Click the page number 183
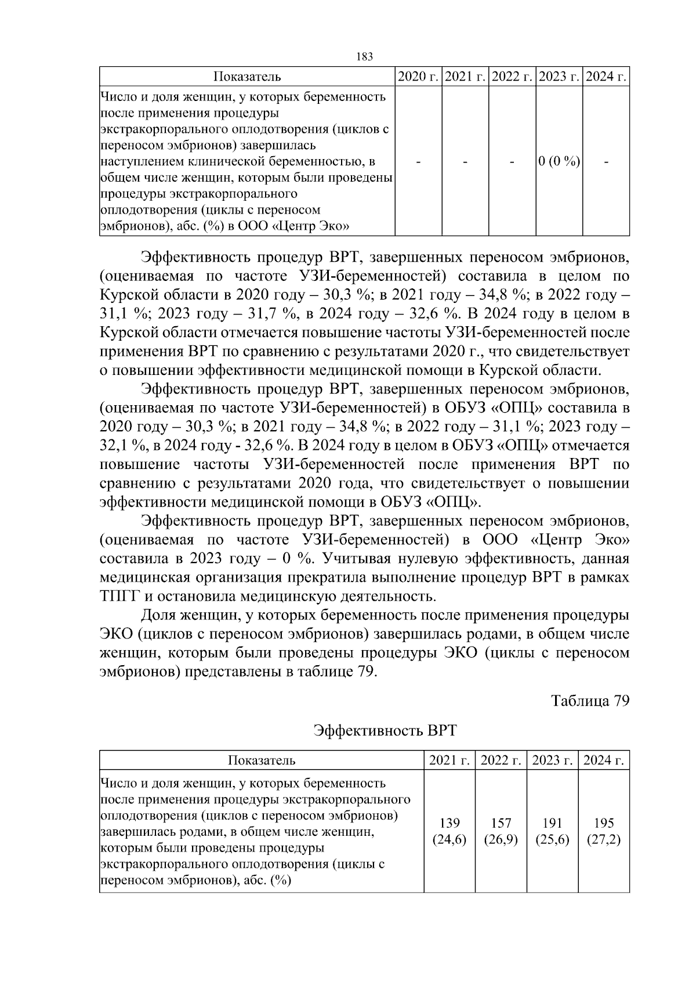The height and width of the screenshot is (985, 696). pos(364,57)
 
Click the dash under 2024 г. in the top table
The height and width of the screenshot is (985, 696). pos(607,163)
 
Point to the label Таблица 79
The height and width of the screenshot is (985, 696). pos(590,701)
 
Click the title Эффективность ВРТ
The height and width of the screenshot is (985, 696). pos(385,730)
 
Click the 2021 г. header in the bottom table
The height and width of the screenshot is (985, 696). pos(449,760)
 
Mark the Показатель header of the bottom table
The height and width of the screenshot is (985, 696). pos(262,760)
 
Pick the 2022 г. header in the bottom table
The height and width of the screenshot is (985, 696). pos(501,760)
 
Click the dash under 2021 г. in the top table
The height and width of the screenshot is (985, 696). pos(465,163)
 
